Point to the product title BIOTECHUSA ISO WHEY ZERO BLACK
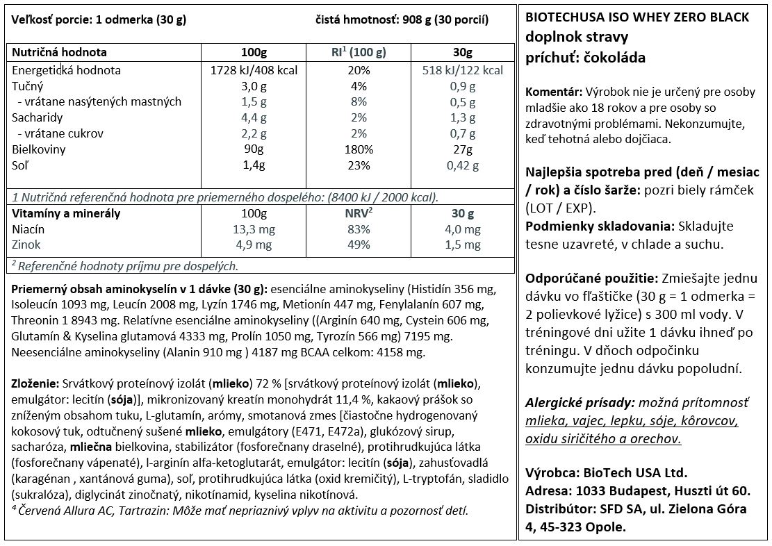[638, 17]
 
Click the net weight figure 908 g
[416, 20]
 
